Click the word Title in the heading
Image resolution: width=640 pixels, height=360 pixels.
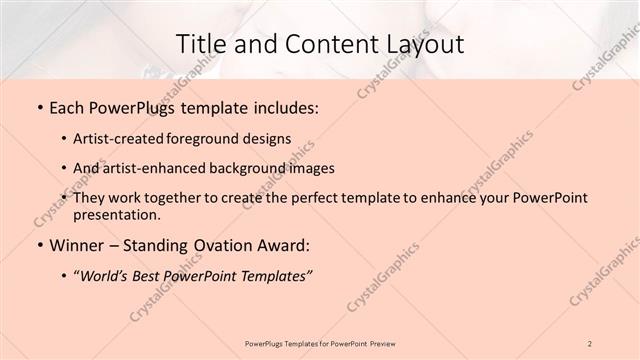(200, 45)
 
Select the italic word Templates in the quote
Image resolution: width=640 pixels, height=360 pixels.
(276, 276)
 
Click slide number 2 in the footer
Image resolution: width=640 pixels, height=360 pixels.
(590, 343)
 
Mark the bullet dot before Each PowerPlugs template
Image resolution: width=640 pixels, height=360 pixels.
(39, 107)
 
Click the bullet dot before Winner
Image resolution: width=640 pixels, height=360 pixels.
(39, 245)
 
